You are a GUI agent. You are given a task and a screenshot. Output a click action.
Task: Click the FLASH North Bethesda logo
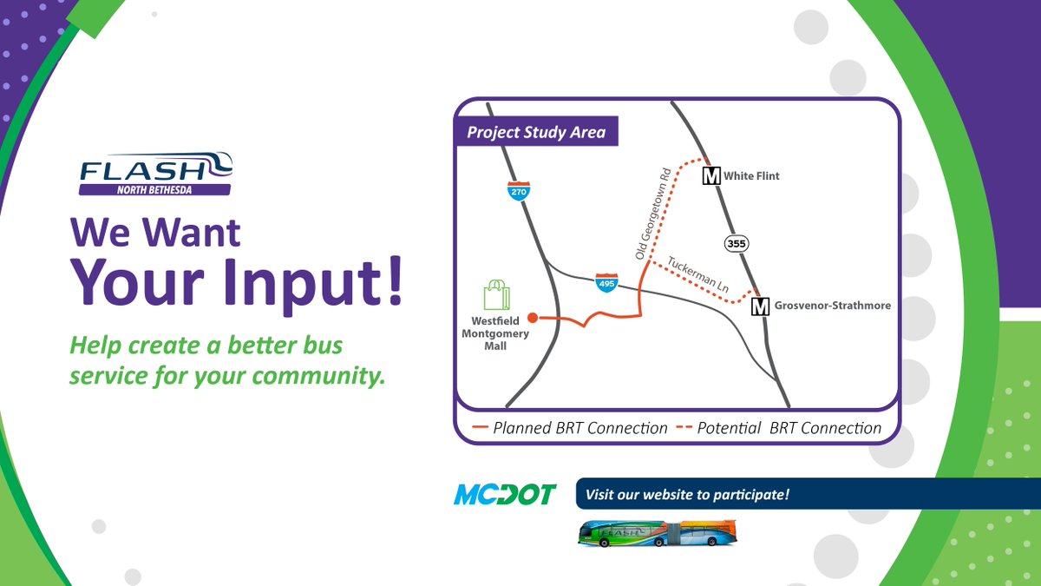155,174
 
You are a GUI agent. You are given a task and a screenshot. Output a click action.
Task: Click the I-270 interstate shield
519,190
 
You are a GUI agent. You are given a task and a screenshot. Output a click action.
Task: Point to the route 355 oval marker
737,244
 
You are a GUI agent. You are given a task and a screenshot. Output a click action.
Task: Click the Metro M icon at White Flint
711,176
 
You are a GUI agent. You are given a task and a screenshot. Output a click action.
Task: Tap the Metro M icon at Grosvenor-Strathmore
760,306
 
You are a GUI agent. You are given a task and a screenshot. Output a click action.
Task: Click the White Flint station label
751,176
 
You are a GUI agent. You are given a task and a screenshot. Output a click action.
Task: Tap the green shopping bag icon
496,294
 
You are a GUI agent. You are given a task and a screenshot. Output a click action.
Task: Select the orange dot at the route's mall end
533,318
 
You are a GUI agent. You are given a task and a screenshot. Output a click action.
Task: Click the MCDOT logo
504,494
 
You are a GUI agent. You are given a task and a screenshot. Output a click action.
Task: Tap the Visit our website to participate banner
687,495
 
